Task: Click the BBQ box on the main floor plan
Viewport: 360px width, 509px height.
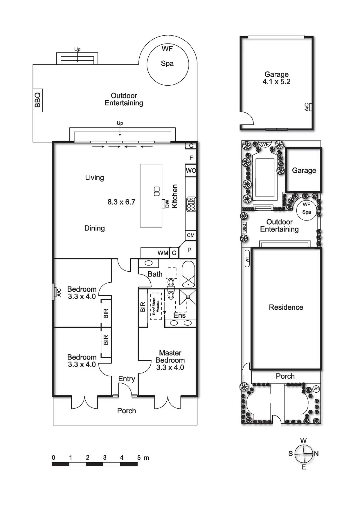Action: click(x=38, y=100)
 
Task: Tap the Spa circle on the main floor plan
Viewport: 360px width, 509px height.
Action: click(x=168, y=64)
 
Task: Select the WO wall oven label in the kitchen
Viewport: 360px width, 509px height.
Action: click(x=191, y=171)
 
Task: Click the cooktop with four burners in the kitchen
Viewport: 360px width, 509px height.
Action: click(x=191, y=204)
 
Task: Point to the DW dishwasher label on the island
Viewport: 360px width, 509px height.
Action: click(x=167, y=204)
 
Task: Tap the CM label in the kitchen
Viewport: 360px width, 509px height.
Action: click(x=191, y=235)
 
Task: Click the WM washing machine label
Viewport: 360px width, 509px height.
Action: click(x=163, y=253)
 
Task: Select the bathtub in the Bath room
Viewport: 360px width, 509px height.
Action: click(x=188, y=274)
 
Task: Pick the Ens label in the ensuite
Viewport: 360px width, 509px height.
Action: click(x=179, y=315)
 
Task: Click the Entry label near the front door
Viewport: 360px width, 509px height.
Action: click(x=127, y=379)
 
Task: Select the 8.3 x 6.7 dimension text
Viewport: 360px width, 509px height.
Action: click(x=121, y=202)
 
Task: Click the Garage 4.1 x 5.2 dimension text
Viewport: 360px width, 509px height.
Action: click(x=276, y=82)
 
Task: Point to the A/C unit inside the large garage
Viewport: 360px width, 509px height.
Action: click(x=310, y=107)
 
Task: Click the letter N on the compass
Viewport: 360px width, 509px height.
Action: click(x=316, y=454)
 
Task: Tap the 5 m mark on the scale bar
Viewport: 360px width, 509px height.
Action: click(x=139, y=458)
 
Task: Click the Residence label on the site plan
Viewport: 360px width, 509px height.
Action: click(x=286, y=307)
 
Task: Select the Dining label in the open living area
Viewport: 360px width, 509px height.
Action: click(x=94, y=228)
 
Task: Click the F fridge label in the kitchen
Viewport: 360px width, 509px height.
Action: click(x=191, y=158)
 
